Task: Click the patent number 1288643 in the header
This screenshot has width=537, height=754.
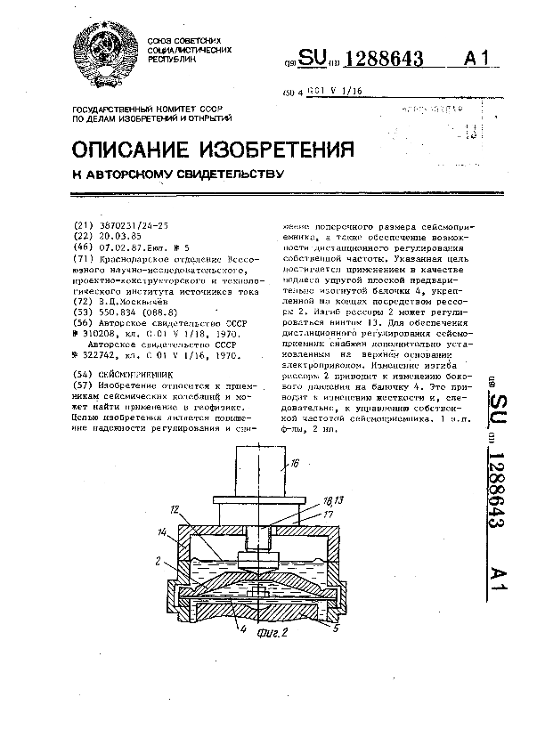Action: (383, 61)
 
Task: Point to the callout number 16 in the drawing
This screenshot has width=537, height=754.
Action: (295, 463)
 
